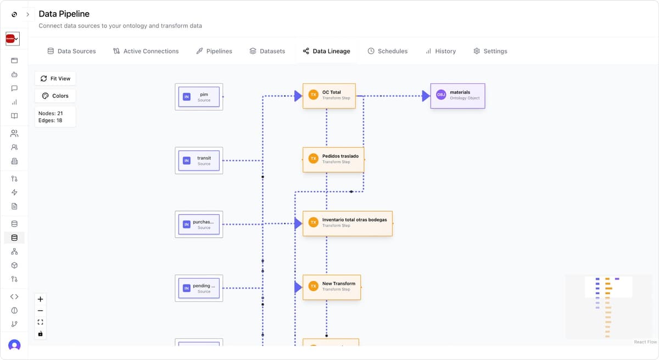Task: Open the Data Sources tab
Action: [x=71, y=51]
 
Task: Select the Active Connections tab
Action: [x=146, y=51]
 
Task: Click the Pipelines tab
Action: [x=214, y=51]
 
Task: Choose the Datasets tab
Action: [x=267, y=51]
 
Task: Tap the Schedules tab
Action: [x=387, y=51]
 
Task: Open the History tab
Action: [x=440, y=51]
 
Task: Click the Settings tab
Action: [x=490, y=51]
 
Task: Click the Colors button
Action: [x=55, y=95]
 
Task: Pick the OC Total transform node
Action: [x=329, y=95]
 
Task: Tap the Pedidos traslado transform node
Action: [x=333, y=159]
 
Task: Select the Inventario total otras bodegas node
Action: [x=347, y=223]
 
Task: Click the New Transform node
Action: [x=332, y=286]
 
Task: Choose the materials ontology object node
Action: [x=457, y=95]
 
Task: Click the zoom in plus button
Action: [x=40, y=299]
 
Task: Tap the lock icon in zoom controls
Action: [x=40, y=334]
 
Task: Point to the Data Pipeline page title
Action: [x=64, y=14]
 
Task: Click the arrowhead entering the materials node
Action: [x=426, y=96]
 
